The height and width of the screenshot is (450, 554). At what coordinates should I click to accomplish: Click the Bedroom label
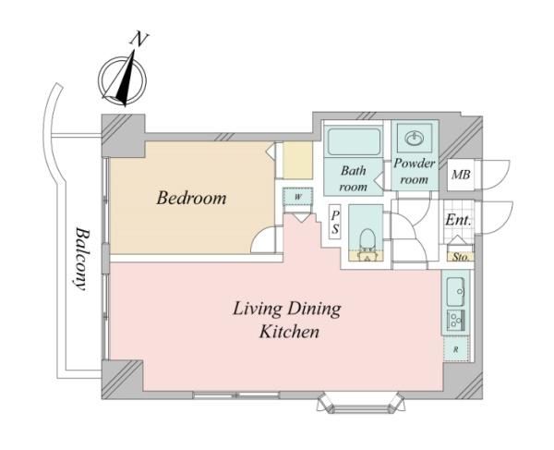coord(191,198)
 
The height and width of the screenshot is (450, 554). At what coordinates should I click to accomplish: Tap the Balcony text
coord(81,259)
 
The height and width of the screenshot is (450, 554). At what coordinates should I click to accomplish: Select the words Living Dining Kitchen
coord(287,320)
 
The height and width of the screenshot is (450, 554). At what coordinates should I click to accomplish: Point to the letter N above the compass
coord(138,39)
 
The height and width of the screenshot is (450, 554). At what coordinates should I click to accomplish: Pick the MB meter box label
coord(461,175)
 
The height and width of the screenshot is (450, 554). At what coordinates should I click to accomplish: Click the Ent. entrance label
coord(458,220)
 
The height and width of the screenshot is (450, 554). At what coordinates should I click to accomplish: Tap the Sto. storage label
coord(461,257)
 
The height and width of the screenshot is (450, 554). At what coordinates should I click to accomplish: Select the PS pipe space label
coord(334,222)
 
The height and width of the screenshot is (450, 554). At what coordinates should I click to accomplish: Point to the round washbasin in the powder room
coord(414,138)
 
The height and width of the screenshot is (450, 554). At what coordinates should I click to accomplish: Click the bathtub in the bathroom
coord(354,141)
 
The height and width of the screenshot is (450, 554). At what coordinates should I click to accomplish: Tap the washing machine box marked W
coord(298,196)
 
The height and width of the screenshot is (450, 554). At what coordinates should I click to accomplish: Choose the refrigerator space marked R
coord(456,349)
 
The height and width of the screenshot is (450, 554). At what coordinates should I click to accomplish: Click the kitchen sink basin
coord(455,292)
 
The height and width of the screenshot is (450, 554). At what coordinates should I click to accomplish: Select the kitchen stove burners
coord(456,321)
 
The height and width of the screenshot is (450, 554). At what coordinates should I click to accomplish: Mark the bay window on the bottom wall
coord(360,403)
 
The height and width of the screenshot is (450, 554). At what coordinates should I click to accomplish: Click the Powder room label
coord(414,171)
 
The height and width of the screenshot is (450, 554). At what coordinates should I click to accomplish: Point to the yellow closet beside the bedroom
coord(298,160)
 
